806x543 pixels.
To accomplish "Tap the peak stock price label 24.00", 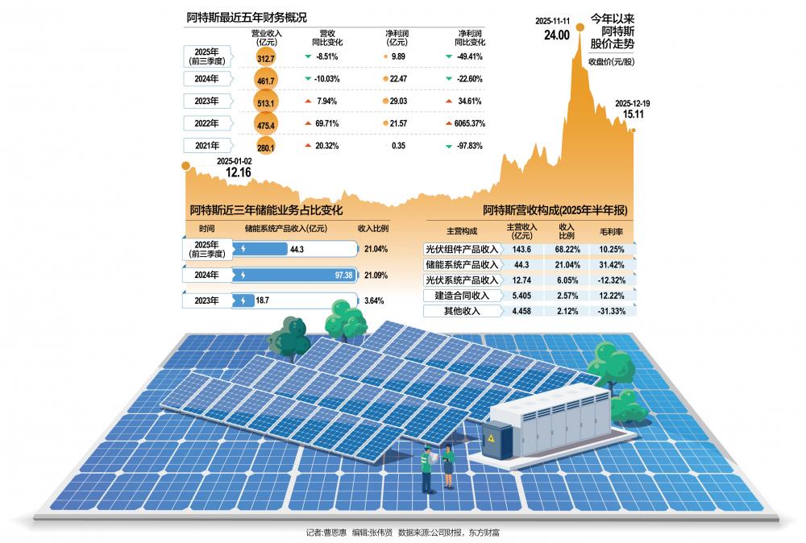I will [556, 35].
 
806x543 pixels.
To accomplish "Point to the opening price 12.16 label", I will [238, 172].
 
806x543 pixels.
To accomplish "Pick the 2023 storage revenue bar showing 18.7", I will [274, 301].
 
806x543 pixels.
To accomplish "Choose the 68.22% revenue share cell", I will [565, 250].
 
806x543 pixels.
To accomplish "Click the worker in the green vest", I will [427, 466].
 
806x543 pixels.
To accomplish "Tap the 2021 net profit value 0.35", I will [397, 147].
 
